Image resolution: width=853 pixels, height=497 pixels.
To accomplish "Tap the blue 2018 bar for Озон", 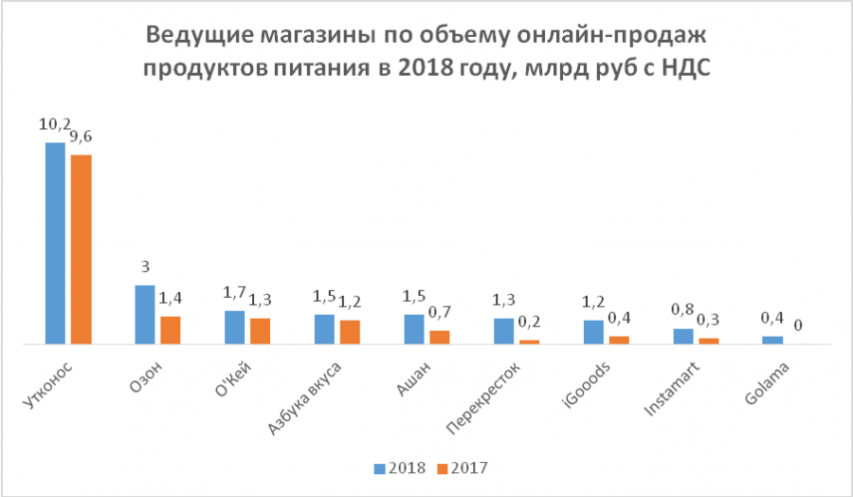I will [x=145, y=314].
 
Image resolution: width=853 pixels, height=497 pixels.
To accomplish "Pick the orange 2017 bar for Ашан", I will [x=440, y=337].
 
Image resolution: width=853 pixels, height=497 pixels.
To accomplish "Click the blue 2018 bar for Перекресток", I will [x=504, y=331].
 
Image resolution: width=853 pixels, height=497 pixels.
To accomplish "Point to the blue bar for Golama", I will [x=773, y=340].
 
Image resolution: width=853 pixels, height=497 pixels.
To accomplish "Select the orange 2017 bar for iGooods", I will [x=619, y=340].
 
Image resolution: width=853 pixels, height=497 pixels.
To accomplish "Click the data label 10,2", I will [x=53, y=123].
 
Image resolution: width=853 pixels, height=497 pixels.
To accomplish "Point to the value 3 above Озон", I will [x=145, y=267].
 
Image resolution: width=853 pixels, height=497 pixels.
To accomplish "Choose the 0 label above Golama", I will [x=799, y=325].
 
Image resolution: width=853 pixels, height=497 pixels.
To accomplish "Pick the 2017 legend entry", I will [x=462, y=469].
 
